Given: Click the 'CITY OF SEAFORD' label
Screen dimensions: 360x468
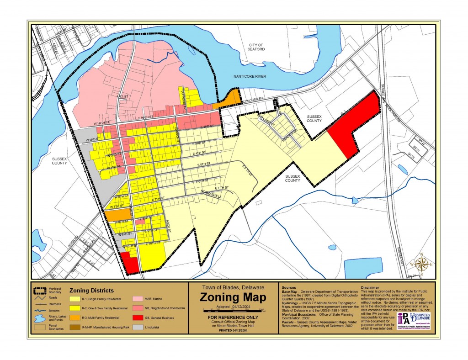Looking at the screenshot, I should (x=256, y=48).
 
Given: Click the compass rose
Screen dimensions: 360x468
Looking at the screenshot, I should (x=423, y=264).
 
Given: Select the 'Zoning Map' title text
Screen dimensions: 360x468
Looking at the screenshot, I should (x=233, y=298).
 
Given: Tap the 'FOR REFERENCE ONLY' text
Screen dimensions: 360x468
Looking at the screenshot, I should (x=233, y=317).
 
